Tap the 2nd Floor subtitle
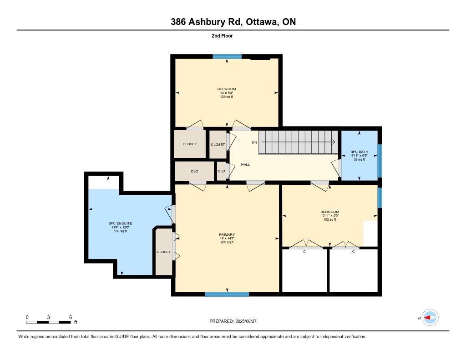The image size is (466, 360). [x=222, y=35]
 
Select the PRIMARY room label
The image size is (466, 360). [x=227, y=234]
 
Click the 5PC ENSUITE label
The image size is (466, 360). [x=120, y=223]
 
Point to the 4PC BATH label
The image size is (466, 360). [x=360, y=152]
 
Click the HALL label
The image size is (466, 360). [x=245, y=164]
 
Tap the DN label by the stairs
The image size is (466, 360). [x=254, y=142]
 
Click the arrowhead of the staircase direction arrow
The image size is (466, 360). [x=334, y=142]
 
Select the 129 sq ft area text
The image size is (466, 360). [x=227, y=96]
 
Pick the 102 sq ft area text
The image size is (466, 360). [x=329, y=219]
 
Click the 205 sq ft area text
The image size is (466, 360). [x=227, y=242]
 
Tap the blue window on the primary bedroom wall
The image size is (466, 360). [x=227, y=294]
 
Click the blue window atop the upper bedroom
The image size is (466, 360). [x=227, y=56]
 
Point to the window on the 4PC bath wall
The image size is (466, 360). [x=380, y=161]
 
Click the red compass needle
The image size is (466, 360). [x=427, y=318]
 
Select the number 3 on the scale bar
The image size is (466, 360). [x=48, y=317]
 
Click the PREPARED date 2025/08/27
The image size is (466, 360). [x=246, y=321]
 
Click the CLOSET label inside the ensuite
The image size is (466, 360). [x=164, y=252]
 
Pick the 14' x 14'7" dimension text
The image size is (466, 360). [x=227, y=238]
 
